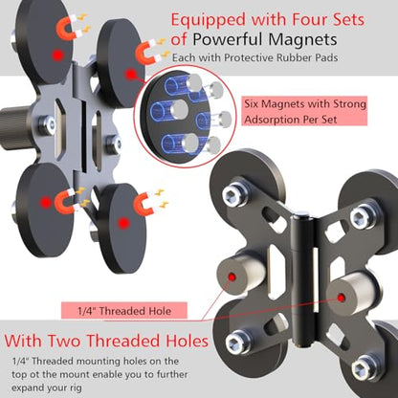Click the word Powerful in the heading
pyautogui.click(x=228, y=40)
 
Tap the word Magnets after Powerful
pyautogui.click(x=302, y=39)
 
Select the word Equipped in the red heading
pyautogui.click(x=209, y=21)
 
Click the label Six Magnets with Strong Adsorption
pyautogui.click(x=304, y=111)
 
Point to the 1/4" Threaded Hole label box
pyautogui.click(x=124, y=311)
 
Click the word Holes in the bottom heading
pyautogui.click(x=187, y=341)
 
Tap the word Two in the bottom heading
pyautogui.click(x=64, y=341)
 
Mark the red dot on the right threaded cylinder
pyautogui.click(x=342, y=298)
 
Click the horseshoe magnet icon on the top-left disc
pyautogui.click(x=67, y=27)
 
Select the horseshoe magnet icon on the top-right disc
pyautogui.click(x=146, y=53)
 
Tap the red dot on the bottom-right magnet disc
pyautogui.click(x=123, y=223)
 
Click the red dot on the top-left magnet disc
pyautogui.click(x=57, y=55)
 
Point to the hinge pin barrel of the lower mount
pyautogui.click(x=301, y=279)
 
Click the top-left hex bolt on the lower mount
pyautogui.click(x=235, y=194)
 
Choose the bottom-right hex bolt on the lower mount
pyautogui.click(x=364, y=367)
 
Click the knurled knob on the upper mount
pyautogui.click(x=14, y=128)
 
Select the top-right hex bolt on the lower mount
pyautogui.click(x=364, y=216)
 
